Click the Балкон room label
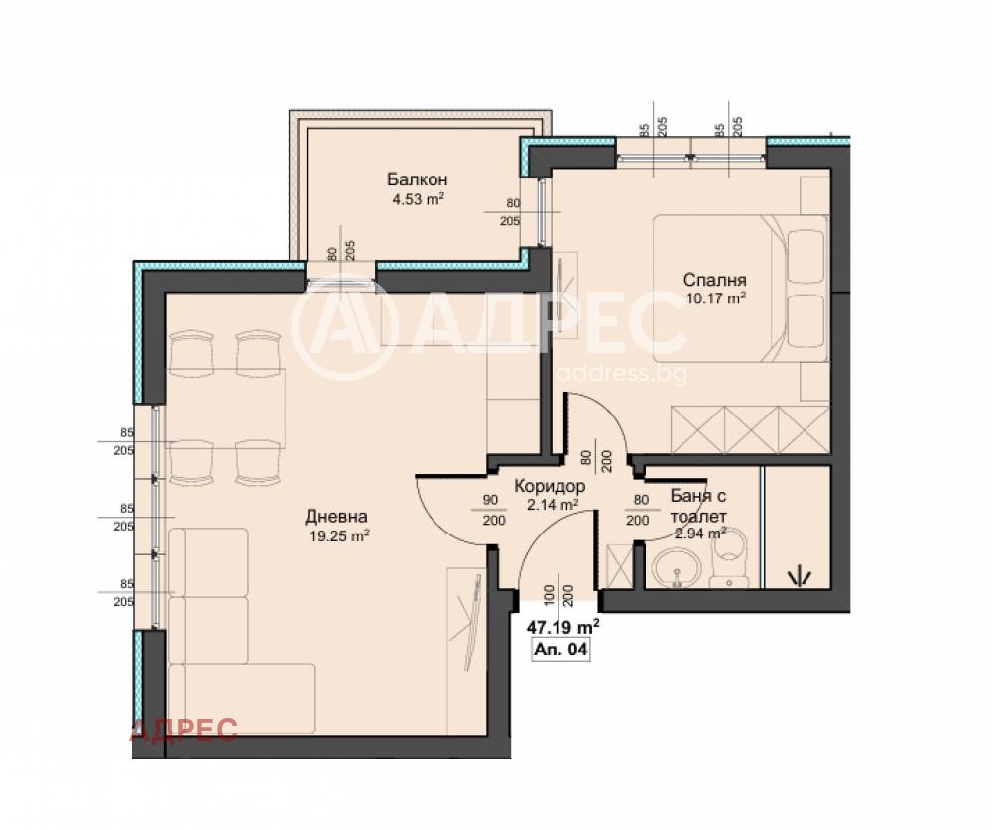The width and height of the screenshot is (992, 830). click(x=417, y=179)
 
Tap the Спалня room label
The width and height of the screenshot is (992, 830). click(x=715, y=280)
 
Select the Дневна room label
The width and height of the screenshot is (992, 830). click(x=336, y=517)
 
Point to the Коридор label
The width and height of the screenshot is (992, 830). click(x=550, y=487)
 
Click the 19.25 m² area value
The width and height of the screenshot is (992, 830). click(x=339, y=536)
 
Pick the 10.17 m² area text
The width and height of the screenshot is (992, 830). click(x=715, y=298)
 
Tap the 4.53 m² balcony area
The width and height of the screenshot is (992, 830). click(x=419, y=200)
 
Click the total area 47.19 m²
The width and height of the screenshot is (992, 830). click(x=563, y=627)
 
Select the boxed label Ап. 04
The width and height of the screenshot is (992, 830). click(x=560, y=650)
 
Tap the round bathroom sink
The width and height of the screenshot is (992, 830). click(x=677, y=566)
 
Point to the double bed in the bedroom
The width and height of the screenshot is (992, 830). click(x=740, y=289)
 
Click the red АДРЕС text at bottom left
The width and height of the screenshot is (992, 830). click(x=184, y=730)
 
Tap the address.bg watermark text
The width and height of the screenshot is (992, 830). click(x=622, y=373)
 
